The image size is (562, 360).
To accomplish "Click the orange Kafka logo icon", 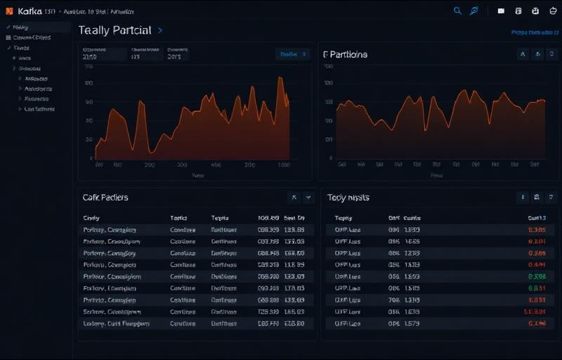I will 10,12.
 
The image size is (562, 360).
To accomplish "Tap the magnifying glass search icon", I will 457,11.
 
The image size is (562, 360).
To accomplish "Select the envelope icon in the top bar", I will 501,11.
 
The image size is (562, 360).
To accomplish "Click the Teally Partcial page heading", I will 115,30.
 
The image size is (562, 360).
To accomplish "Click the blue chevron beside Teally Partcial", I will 161,30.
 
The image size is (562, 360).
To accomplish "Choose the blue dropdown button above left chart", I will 293,54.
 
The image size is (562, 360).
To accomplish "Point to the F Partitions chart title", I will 345,54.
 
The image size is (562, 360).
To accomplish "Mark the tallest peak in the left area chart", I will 281,77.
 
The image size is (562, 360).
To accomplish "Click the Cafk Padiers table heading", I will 105,198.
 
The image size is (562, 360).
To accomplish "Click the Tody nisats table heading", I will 348,198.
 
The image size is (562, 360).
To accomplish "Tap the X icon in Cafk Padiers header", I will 294,198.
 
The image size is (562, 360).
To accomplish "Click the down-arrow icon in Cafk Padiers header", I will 308,198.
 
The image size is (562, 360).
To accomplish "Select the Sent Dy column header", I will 294,218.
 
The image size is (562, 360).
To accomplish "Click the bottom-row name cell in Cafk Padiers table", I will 116,324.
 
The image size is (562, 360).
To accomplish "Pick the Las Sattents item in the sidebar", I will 39,109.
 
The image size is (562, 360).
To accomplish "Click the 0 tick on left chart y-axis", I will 92,158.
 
